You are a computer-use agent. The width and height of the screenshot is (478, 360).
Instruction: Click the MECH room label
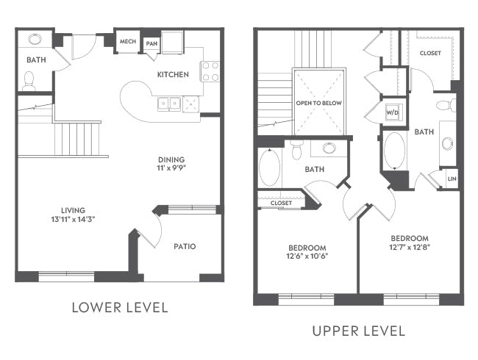click(x=128, y=41)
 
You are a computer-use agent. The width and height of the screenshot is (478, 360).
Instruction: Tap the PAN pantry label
click(x=151, y=43)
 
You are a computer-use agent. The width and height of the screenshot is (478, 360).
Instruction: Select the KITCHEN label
click(x=173, y=74)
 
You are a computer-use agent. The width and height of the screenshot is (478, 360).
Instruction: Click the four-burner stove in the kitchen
click(x=210, y=71)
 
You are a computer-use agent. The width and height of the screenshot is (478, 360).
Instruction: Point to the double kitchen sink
click(x=169, y=104)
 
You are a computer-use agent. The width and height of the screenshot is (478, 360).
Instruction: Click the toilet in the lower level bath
click(x=29, y=81)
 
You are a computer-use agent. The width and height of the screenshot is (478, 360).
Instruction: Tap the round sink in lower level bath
click(x=35, y=39)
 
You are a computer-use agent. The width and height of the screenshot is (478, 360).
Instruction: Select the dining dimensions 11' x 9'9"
click(x=171, y=168)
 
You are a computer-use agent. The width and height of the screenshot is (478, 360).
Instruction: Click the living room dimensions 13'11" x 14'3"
click(x=73, y=219)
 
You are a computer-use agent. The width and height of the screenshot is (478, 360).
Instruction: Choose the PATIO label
click(x=185, y=246)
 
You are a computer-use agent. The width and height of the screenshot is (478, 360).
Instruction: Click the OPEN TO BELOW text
click(x=319, y=103)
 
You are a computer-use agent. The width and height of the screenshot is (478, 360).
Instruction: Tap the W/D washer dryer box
click(x=393, y=112)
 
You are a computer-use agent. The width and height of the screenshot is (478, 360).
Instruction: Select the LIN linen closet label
click(x=452, y=179)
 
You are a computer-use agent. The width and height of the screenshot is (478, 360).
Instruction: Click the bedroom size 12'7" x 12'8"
click(x=410, y=247)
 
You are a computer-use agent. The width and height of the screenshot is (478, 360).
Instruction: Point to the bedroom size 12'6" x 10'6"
click(x=307, y=256)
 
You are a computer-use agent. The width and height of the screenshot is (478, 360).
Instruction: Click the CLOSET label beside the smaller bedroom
click(x=281, y=203)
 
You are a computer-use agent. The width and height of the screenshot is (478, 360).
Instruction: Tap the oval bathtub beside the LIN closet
click(x=395, y=151)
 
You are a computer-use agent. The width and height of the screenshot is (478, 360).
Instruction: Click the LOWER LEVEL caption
click(x=120, y=308)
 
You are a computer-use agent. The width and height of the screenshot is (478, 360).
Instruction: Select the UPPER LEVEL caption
click(x=359, y=331)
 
